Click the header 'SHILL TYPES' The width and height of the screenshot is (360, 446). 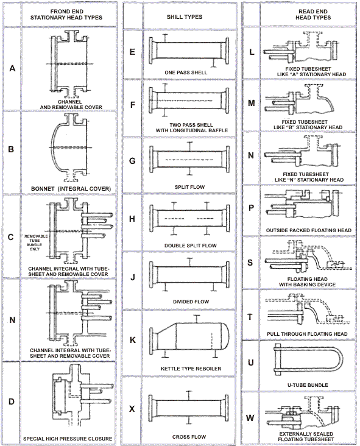click(x=185, y=17)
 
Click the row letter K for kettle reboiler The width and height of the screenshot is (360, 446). click(x=133, y=340)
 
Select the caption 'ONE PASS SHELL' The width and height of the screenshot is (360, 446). click(x=186, y=73)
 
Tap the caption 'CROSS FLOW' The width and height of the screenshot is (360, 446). click(x=189, y=437)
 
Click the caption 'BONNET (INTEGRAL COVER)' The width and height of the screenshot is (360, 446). click(x=71, y=189)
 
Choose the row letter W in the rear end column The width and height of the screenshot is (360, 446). click(x=250, y=418)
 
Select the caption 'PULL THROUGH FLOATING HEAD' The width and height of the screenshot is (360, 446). click(x=307, y=334)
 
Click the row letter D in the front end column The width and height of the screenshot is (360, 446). click(x=12, y=402)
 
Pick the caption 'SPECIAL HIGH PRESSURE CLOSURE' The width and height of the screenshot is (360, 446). click(x=68, y=439)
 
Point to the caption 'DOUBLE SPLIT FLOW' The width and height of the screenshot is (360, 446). click(x=191, y=246)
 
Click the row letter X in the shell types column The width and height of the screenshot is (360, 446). click(x=132, y=409)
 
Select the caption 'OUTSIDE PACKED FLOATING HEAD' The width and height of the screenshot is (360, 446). click(x=309, y=230)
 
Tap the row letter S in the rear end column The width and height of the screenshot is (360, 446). click(x=250, y=263)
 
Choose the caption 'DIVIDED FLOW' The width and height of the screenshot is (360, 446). click(x=191, y=302)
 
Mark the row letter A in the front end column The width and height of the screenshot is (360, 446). click(x=12, y=68)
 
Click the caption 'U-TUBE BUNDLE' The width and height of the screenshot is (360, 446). click(x=308, y=385)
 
